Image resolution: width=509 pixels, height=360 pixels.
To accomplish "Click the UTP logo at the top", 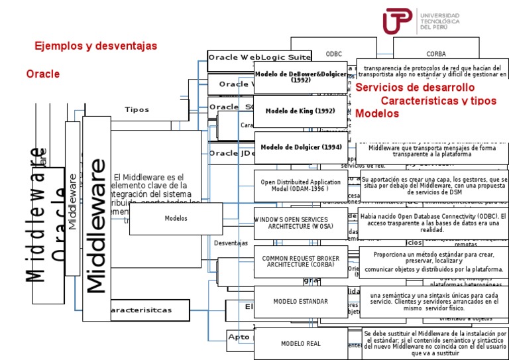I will tap(397, 21).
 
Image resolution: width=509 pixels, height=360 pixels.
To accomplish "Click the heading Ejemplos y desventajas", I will tap(96, 46).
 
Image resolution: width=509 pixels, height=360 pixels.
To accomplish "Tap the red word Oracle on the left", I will tap(43, 74).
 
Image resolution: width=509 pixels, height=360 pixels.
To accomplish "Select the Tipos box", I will tap(137, 109).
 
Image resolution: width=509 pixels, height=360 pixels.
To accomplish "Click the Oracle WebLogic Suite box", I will tap(259, 57).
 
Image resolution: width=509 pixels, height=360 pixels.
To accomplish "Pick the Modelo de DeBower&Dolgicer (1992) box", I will tap(300, 77).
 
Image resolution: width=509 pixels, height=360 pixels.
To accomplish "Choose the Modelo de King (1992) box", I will tap(300, 111).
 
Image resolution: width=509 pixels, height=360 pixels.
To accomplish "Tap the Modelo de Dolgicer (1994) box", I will tap(300, 147).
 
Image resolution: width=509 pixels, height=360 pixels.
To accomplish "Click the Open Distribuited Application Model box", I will tap(300, 185).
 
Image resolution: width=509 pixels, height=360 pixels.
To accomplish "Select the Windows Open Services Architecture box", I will tap(300, 223).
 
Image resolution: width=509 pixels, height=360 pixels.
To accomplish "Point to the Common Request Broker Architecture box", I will tap(300, 261).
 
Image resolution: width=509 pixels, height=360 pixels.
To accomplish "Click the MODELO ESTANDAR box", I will tap(300, 301).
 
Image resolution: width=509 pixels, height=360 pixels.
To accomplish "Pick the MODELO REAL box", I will tap(300, 343).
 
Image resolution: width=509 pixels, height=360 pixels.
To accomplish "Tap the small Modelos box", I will tap(176, 218).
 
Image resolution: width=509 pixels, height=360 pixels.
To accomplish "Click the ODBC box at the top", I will tap(335, 54).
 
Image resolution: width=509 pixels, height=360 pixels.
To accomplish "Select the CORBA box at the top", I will tap(436, 54).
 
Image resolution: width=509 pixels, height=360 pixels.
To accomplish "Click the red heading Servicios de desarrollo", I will tap(415, 88).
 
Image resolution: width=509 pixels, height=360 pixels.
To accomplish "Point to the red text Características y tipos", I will tap(438, 101).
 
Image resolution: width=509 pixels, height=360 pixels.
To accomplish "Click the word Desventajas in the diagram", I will tap(231, 243).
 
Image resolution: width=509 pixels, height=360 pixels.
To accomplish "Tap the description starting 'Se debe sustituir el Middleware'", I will tap(435, 343).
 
